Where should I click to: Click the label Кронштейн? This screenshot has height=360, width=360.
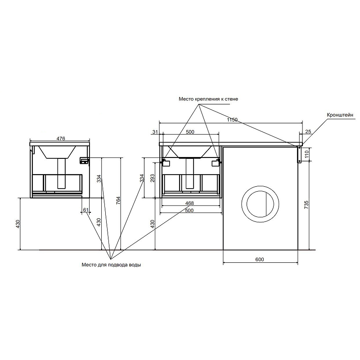point(340,115)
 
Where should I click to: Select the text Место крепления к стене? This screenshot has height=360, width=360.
point(208,99)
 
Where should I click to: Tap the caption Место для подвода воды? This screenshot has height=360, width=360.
point(111,265)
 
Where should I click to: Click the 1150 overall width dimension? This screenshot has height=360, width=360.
point(232,120)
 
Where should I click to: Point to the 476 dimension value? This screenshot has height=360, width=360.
point(61,139)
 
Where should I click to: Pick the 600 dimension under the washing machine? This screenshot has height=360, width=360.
point(260,260)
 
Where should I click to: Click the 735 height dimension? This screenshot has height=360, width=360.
point(306,205)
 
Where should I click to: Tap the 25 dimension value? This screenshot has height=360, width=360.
point(308,131)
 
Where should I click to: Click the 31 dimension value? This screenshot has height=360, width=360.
point(155,132)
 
